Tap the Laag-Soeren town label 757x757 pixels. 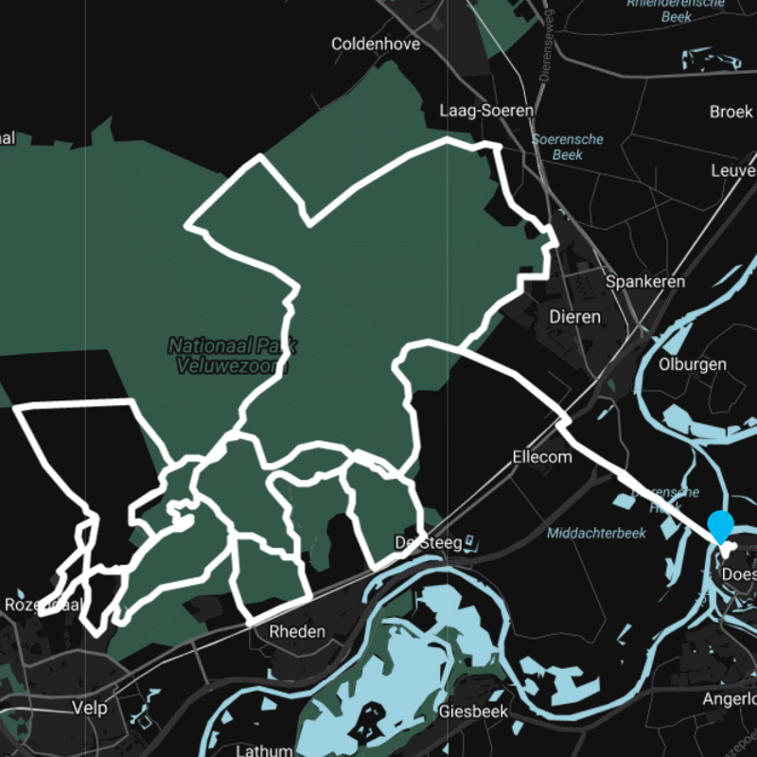486,111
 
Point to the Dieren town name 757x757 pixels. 574,317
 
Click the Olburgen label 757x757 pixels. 694,364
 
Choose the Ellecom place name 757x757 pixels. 542,457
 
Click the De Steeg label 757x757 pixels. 428,542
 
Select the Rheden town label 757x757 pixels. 297,631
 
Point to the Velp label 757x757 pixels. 90,708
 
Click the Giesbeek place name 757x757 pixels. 474,711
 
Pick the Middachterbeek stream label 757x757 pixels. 596,533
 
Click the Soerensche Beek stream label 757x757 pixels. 568,147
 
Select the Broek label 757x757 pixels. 731,112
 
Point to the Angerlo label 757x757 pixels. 730,699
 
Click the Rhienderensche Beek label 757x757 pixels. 676,10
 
